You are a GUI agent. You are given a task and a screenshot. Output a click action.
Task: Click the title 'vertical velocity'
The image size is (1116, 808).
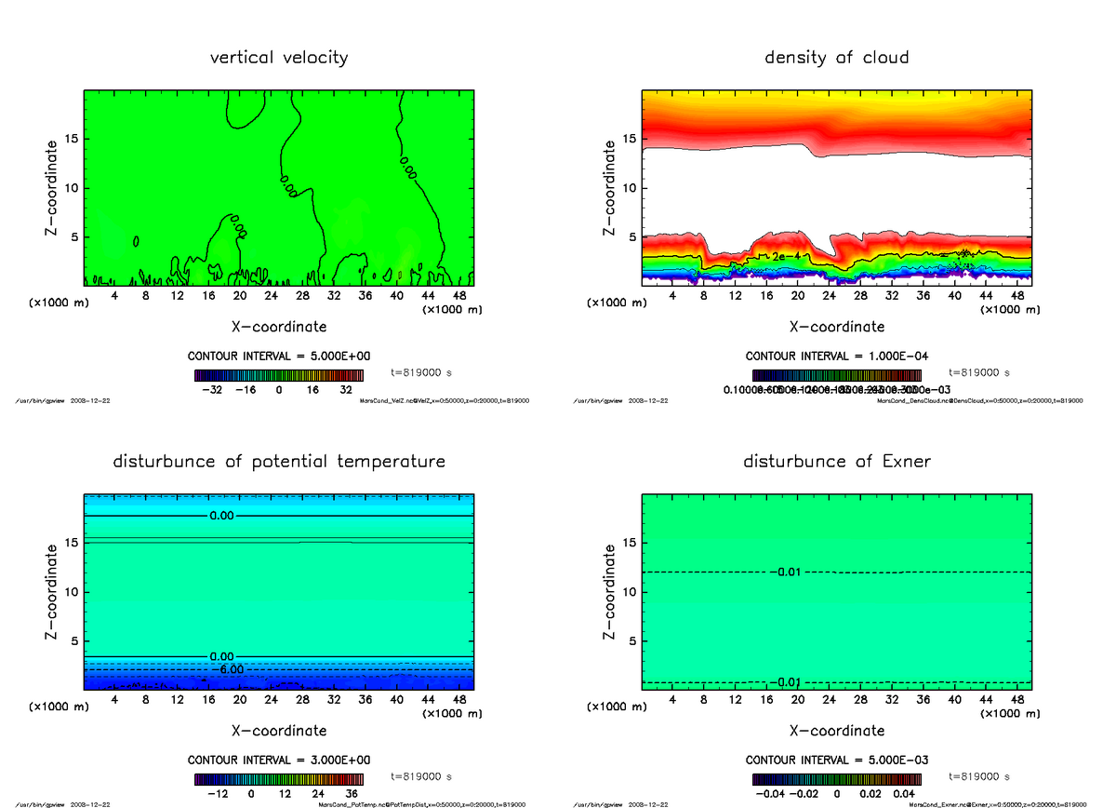pyautogui.click(x=279, y=58)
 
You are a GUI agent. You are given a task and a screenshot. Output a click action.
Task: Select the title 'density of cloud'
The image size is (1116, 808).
pyautogui.click(x=836, y=58)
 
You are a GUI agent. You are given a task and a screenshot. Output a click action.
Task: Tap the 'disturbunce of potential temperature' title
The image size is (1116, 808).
pyautogui.click(x=279, y=462)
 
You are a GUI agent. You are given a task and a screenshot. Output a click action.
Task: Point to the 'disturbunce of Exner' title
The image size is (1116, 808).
pyautogui.click(x=836, y=462)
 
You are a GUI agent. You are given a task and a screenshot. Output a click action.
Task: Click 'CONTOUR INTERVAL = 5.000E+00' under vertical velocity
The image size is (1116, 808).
pyautogui.click(x=279, y=357)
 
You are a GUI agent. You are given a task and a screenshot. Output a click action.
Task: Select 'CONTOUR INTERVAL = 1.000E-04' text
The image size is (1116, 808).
pyautogui.click(x=836, y=357)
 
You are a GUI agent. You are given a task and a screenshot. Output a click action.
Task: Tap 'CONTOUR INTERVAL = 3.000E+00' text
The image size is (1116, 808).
pyautogui.click(x=279, y=761)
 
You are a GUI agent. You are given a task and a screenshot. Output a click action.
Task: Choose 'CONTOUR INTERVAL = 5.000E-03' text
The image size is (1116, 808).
pyautogui.click(x=836, y=761)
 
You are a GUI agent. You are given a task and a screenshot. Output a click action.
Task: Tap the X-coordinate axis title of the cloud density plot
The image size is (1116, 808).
pyautogui.click(x=836, y=327)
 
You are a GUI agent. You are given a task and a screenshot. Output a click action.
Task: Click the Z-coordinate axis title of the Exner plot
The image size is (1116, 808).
pyautogui.click(x=609, y=593)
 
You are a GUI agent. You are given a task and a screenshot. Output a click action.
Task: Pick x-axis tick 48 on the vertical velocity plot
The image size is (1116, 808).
pyautogui.click(x=459, y=295)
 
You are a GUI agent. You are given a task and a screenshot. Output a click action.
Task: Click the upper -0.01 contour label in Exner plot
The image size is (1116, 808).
pyautogui.click(x=787, y=572)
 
